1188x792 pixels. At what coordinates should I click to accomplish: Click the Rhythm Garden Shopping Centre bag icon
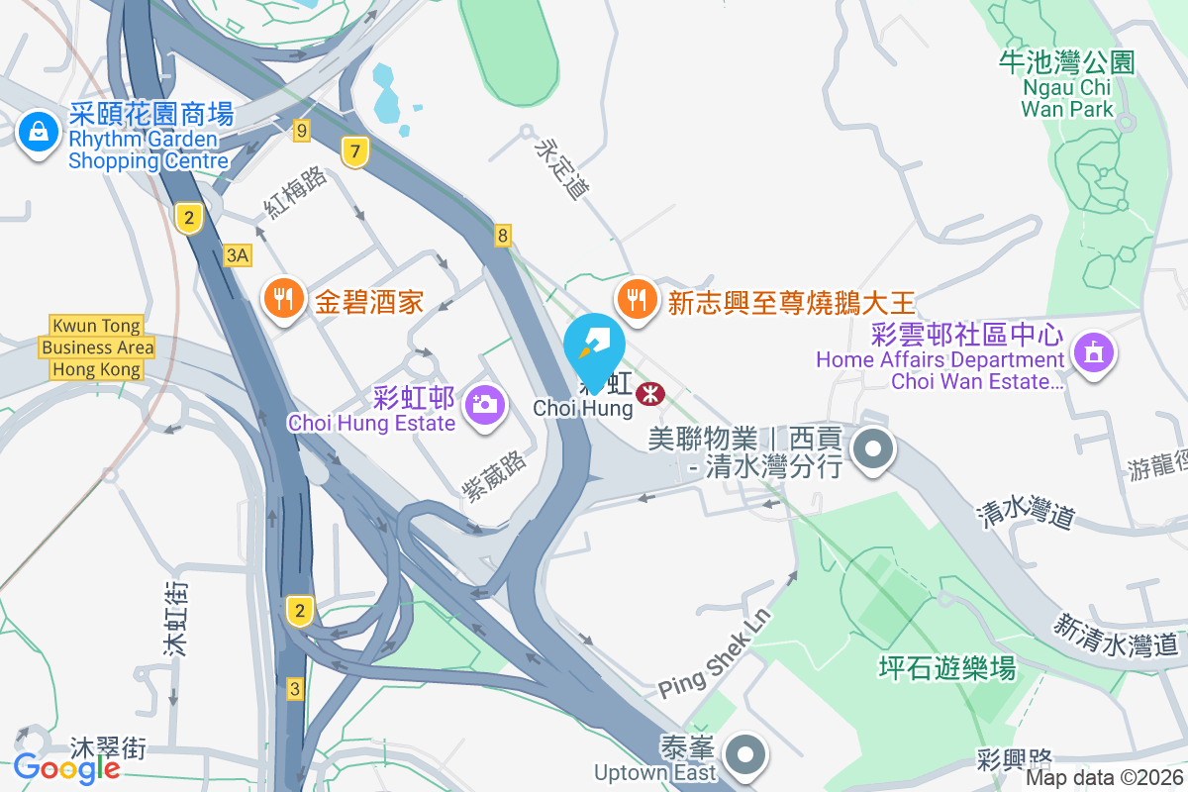click(x=38, y=131)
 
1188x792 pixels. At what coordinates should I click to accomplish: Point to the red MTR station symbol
click(x=650, y=393)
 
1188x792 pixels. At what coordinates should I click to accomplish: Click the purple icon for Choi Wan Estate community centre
click(x=1093, y=351)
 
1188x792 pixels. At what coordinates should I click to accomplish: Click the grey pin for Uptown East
click(x=744, y=757)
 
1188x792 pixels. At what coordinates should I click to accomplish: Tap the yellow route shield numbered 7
click(x=355, y=151)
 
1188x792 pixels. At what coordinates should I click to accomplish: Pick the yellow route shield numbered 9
click(x=302, y=130)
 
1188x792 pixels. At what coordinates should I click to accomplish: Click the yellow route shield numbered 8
click(x=504, y=236)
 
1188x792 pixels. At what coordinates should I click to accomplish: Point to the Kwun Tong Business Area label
click(x=97, y=347)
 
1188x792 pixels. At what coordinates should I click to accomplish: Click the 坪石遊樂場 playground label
click(x=947, y=668)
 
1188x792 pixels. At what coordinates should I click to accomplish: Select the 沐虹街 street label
click(x=176, y=620)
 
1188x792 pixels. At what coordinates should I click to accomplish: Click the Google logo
click(x=66, y=766)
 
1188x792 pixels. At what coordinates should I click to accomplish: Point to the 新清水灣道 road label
click(x=1116, y=636)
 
